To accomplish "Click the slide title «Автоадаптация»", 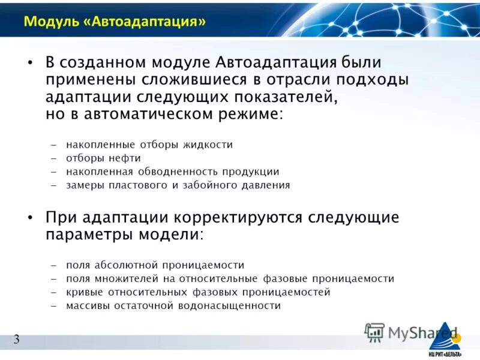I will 114,22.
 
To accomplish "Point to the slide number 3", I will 17,340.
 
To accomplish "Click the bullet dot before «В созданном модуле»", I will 30,63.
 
